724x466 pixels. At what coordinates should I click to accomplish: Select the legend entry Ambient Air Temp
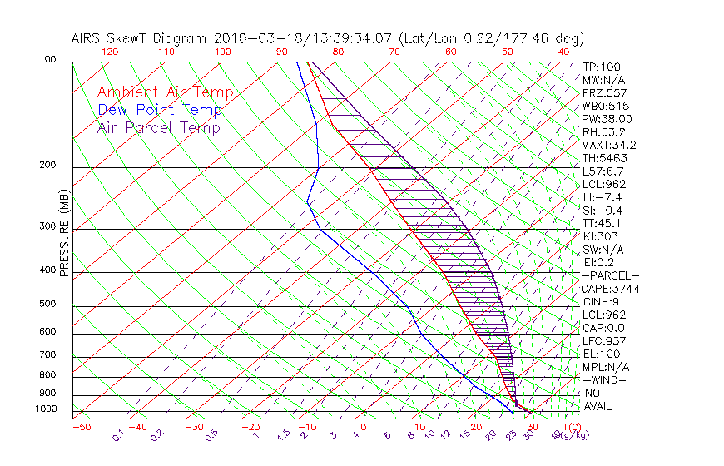tap(165, 92)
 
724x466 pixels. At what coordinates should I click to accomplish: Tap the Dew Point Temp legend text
tap(160, 110)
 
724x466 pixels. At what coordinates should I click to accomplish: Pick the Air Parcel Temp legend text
tap(158, 127)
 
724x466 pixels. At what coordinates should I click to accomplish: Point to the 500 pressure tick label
tap(48, 305)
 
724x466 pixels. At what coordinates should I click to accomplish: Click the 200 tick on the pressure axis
tap(48, 166)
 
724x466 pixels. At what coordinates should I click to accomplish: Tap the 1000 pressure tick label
tap(47, 409)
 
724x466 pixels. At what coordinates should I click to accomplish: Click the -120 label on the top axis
tap(106, 52)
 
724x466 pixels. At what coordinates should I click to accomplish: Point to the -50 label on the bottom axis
tap(82, 427)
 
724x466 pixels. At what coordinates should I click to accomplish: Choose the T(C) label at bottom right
tap(570, 427)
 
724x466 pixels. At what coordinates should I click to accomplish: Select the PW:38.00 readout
tap(607, 119)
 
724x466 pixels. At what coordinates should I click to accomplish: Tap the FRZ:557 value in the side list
tap(604, 92)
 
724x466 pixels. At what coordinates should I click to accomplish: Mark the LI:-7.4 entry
tap(603, 197)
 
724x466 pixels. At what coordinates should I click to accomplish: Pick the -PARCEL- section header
tap(610, 275)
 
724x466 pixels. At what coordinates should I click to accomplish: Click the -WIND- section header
tap(604, 379)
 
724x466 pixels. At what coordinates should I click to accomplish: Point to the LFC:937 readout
tap(604, 340)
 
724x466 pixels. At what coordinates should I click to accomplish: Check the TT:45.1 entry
tap(603, 223)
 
